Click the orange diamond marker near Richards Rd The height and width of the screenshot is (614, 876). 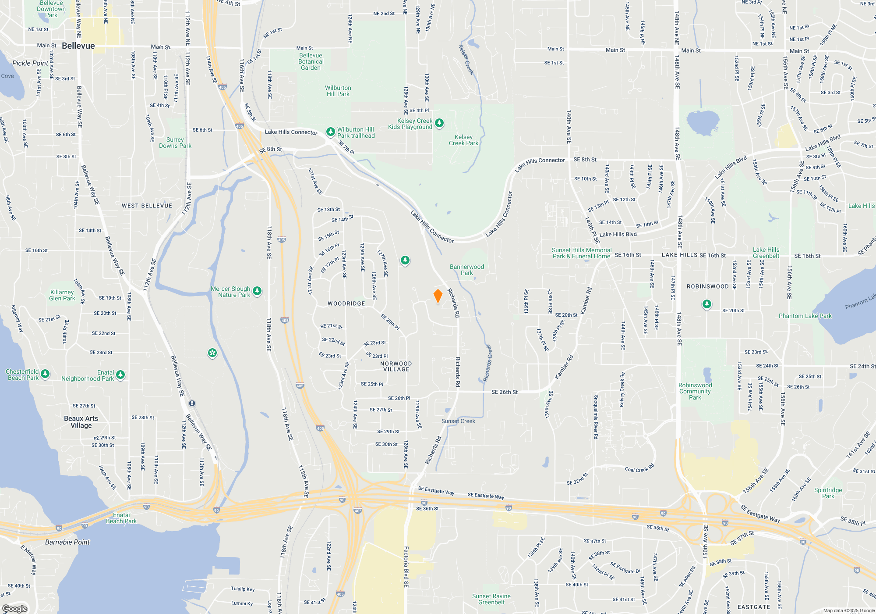coord(438,296)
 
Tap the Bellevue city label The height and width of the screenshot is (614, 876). coord(78,46)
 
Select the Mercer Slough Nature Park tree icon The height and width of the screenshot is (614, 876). coord(257,291)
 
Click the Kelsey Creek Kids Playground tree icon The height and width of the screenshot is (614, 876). coord(439,123)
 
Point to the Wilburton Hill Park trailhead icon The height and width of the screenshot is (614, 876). coord(331,131)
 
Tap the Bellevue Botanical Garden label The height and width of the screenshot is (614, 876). coord(311,62)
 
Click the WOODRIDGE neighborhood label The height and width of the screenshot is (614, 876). coord(346,303)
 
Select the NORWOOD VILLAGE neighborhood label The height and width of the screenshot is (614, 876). coord(396,367)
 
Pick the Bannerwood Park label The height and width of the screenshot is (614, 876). coord(467,270)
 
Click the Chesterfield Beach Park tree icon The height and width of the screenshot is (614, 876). coord(45,374)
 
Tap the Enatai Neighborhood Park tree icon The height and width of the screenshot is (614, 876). coord(120,375)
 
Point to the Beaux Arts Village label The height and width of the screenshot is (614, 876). coord(81,422)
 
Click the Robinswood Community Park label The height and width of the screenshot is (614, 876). coord(695,391)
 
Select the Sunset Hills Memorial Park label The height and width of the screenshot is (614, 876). coord(582,253)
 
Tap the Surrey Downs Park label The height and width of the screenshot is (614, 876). coord(175,143)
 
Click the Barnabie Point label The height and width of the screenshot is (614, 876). coord(67,542)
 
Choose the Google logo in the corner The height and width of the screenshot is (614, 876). coord(15,608)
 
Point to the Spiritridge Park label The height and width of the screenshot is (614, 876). coord(828,493)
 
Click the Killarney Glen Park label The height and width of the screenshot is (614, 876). coord(62,295)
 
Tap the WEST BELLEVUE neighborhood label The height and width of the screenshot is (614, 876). coord(147,206)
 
